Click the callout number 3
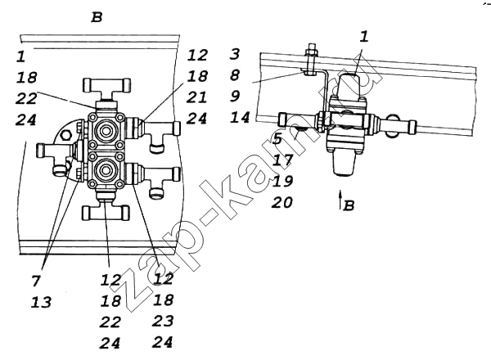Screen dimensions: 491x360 pyautogui.click(x=235, y=54)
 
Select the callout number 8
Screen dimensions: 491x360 pyautogui.click(x=235, y=74)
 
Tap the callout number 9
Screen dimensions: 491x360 pyautogui.click(x=235, y=96)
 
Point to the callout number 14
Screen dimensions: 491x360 pyautogui.click(x=240, y=117)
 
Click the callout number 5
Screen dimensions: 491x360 pyautogui.click(x=277, y=138)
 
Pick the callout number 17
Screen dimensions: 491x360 pyautogui.click(x=282, y=160)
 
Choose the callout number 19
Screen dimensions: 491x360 pyautogui.click(x=282, y=181)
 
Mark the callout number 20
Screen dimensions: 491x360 pyautogui.click(x=282, y=202)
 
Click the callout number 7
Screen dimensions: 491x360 pyautogui.click(x=36, y=281)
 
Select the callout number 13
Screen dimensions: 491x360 pyautogui.click(x=41, y=302)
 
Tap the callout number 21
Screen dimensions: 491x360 pyautogui.click(x=196, y=97)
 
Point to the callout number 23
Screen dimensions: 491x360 pyautogui.click(x=163, y=321)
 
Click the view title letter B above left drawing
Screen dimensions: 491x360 pyautogui.click(x=97, y=17)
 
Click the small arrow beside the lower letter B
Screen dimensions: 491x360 pyautogui.click(x=340, y=200)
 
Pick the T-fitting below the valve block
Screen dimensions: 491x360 pyautogui.click(x=106, y=208)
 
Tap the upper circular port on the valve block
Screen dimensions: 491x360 pyautogui.click(x=106, y=129)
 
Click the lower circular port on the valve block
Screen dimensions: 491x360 pyautogui.click(x=106, y=170)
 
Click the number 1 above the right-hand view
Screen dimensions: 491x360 pyautogui.click(x=363, y=37)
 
